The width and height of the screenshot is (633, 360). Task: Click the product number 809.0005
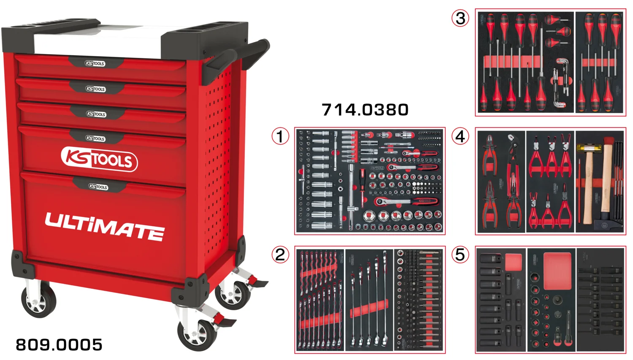59,345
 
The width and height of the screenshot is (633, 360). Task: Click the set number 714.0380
365,110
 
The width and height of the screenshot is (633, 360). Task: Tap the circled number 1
280,136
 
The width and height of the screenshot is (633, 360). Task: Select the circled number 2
280,255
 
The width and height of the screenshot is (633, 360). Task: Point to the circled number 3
460,18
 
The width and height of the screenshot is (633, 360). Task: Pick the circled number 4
460,136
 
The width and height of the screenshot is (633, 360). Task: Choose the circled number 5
460,255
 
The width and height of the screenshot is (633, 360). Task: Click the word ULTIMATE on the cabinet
105,226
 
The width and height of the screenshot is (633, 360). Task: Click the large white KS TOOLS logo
100,159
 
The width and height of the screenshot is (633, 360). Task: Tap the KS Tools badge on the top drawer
95,63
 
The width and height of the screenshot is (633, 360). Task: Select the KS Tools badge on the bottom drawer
98,187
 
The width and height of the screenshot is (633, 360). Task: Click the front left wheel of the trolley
39,300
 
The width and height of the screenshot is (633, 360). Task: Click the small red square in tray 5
513,262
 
